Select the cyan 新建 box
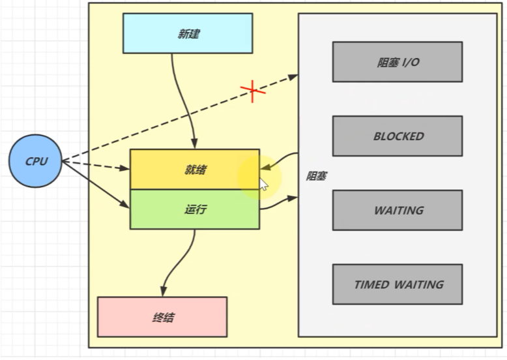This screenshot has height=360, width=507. (188, 33)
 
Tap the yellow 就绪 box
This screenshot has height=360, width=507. (194, 170)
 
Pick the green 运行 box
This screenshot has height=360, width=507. (194, 209)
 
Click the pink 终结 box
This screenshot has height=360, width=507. (162, 317)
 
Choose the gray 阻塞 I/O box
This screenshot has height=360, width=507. (397, 62)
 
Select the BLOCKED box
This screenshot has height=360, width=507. (397, 136)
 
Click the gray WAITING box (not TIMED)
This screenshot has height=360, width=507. (397, 210)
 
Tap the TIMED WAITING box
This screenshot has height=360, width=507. (397, 284)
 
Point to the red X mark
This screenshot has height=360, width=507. (253, 91)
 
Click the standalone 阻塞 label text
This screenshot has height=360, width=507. (316, 176)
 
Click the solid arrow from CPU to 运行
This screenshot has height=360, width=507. (98, 185)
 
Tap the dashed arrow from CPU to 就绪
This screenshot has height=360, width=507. (98, 165)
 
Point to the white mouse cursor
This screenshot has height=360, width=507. (263, 184)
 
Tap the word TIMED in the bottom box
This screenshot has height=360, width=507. (372, 284)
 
